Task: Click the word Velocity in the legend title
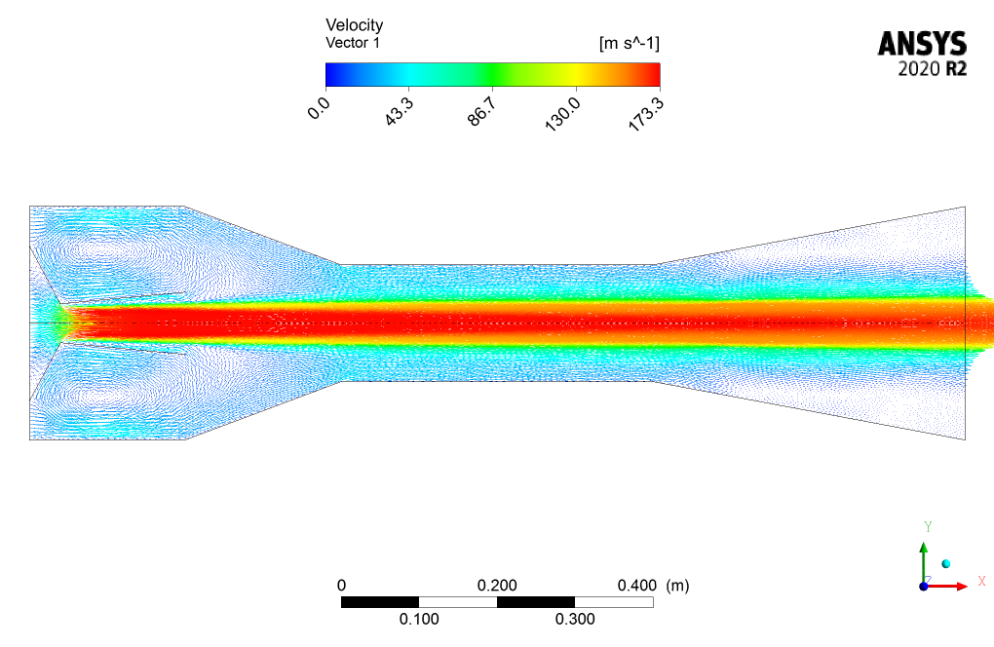[x=355, y=25]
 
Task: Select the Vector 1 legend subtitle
[x=353, y=43]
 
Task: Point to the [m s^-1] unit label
[x=629, y=44]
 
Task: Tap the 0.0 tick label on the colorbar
[x=319, y=109]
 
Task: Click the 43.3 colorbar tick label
[x=400, y=111]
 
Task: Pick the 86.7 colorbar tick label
[x=481, y=111]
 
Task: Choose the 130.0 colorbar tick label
[x=562, y=114]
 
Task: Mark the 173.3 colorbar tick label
[x=645, y=114]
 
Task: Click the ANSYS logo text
[x=922, y=45]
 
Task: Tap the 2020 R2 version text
[x=932, y=68]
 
